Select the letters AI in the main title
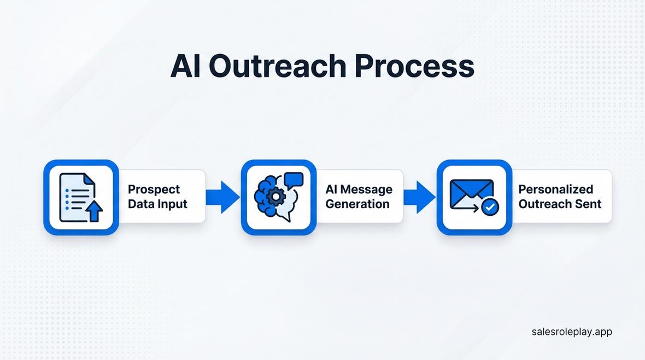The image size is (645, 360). (186, 67)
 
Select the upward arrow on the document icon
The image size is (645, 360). (95, 210)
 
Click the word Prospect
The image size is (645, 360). (154, 189)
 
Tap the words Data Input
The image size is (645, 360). (157, 204)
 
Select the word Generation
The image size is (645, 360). (357, 204)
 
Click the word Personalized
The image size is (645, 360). (555, 189)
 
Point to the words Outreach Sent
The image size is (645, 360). (560, 204)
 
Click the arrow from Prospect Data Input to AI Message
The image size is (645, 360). (223, 197)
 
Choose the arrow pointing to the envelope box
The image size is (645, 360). (420, 197)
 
